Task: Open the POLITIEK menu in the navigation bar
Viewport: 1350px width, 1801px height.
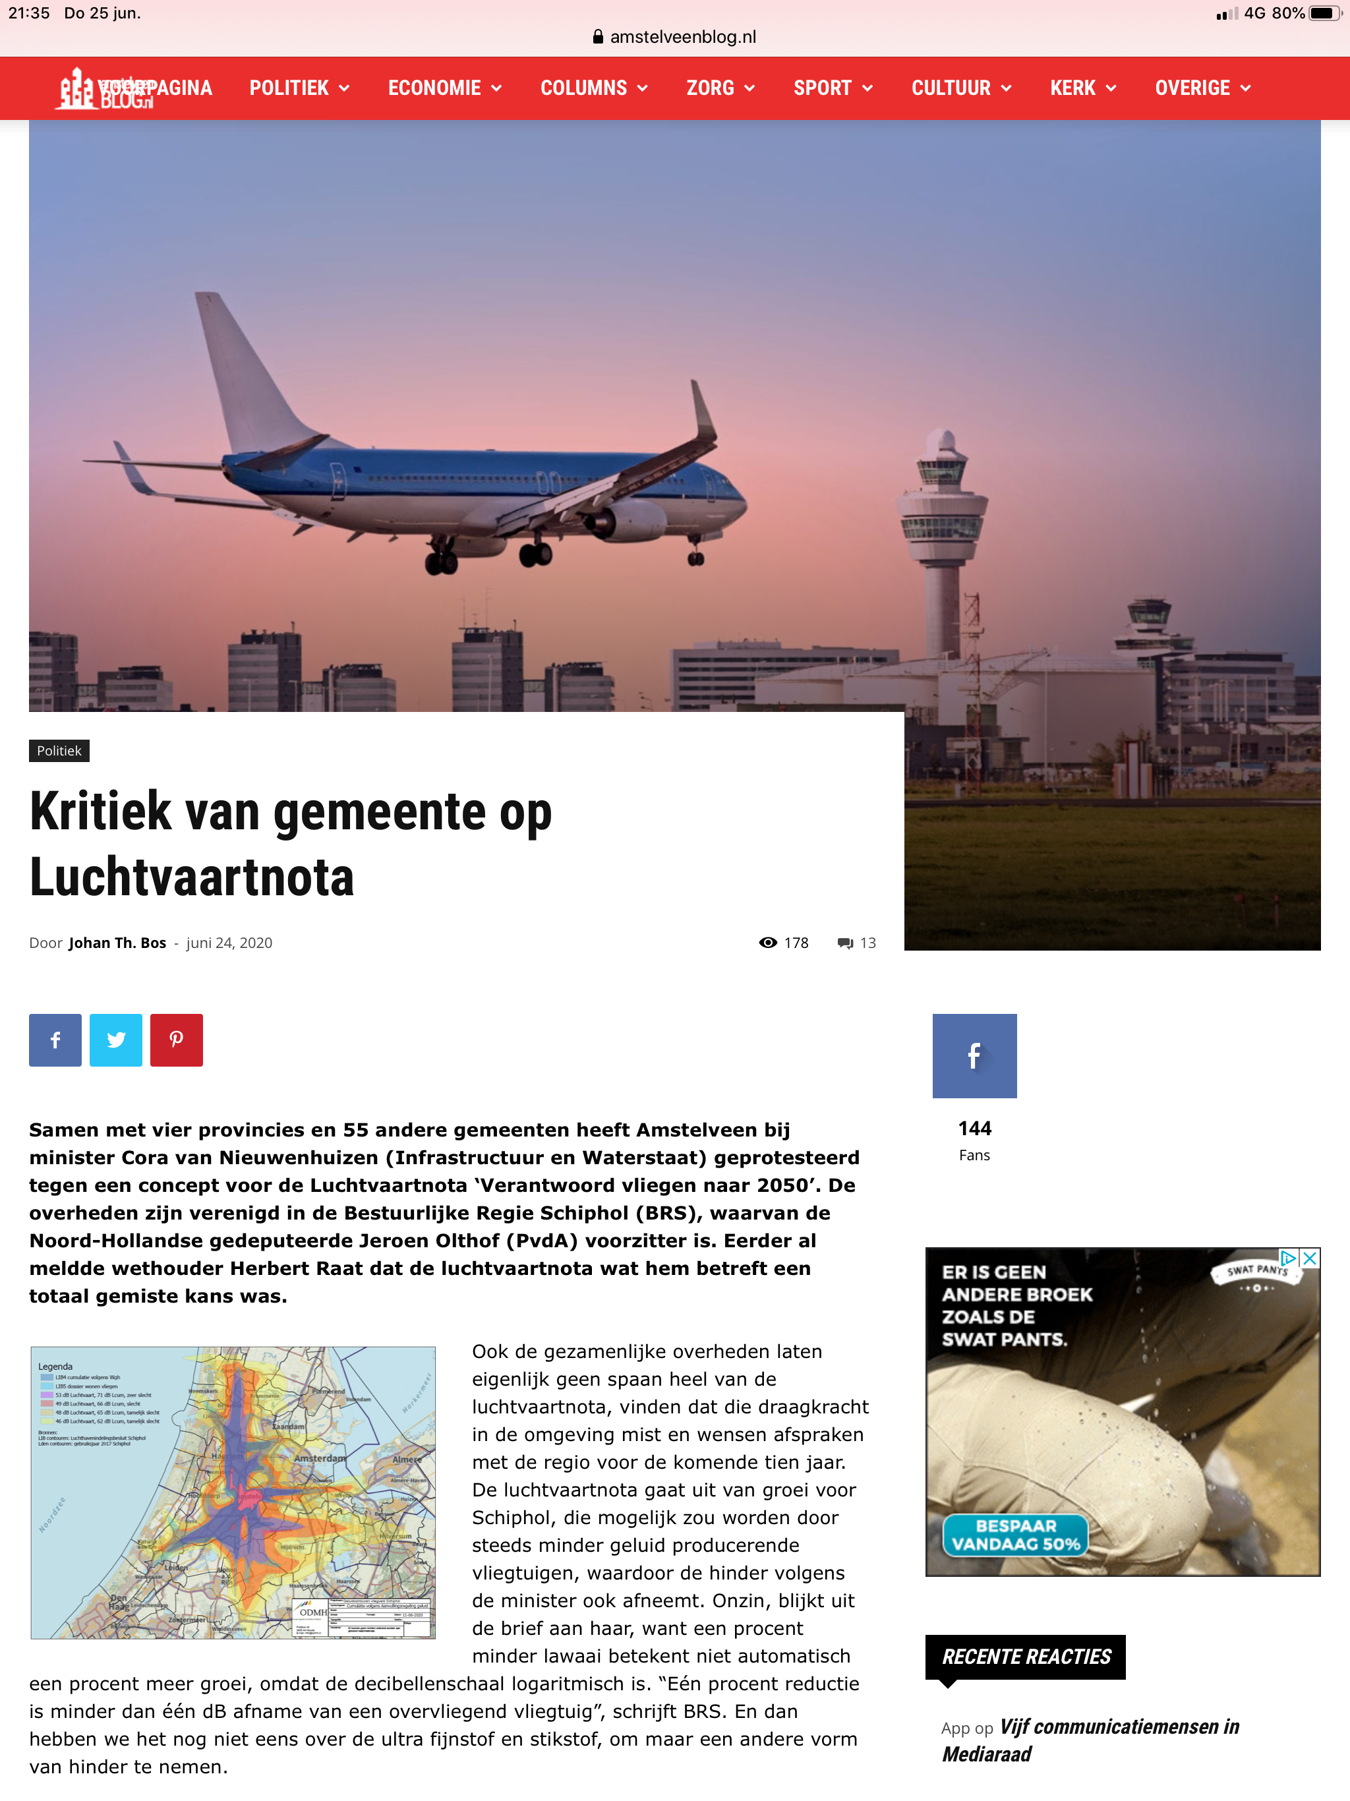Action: point(298,88)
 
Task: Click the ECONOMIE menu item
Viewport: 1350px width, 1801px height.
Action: point(444,88)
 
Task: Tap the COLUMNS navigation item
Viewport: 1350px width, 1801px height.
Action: point(593,88)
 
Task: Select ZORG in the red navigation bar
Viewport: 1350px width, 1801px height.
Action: point(720,88)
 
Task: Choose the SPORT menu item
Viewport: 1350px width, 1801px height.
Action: point(832,88)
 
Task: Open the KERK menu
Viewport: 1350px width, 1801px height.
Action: point(1082,88)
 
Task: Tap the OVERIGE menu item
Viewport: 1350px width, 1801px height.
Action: point(1202,88)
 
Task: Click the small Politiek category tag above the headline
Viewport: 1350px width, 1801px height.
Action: point(59,751)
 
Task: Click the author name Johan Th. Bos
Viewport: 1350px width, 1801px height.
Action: point(117,943)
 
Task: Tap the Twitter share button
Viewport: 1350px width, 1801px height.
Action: point(115,1040)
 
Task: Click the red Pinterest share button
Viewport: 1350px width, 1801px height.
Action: point(176,1040)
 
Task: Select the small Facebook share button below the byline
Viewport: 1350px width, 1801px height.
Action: point(55,1040)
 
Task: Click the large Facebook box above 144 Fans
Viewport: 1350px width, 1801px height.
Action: point(974,1056)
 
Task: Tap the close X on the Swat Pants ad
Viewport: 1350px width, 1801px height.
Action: point(1309,1258)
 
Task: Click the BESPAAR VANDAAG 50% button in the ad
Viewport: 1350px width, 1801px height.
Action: point(1015,1535)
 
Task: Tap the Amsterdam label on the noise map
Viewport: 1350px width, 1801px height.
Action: point(319,1458)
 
